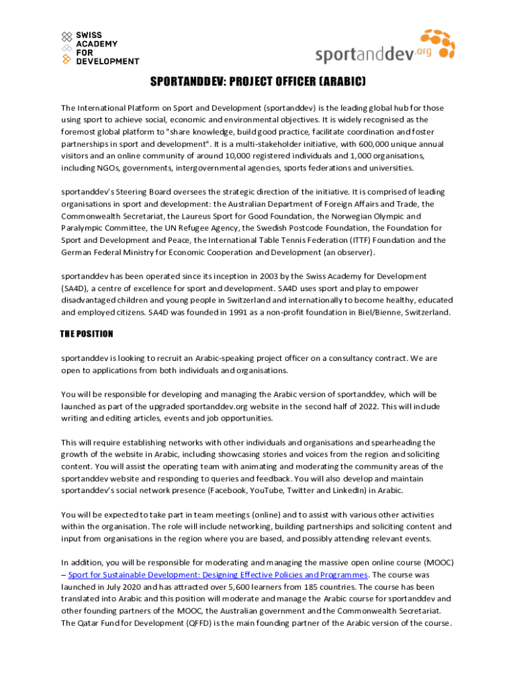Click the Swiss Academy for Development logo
coord(100,48)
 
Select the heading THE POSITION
coord(87,334)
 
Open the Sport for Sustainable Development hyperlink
coord(218,575)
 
